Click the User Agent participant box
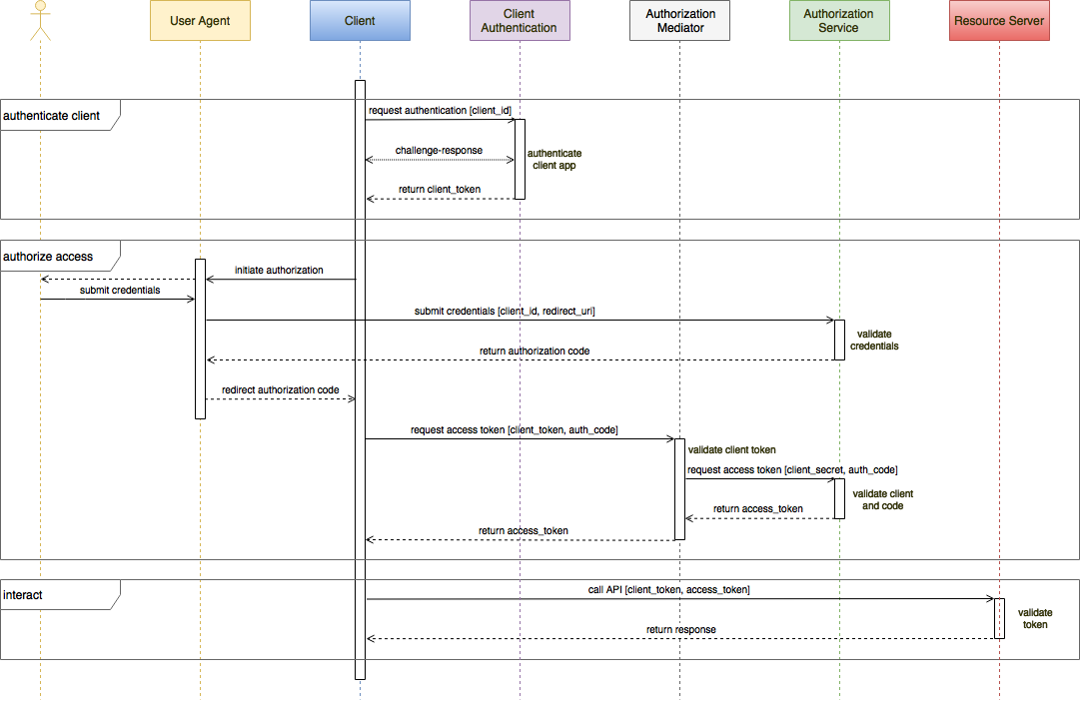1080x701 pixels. (x=200, y=21)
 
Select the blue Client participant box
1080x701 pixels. (x=360, y=21)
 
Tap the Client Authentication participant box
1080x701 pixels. (x=520, y=21)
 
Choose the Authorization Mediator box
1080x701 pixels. (x=679, y=21)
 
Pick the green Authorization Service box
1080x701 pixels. (x=839, y=21)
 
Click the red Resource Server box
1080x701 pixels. (x=999, y=21)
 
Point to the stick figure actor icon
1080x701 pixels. (x=40, y=20)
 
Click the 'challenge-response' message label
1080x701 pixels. (x=439, y=151)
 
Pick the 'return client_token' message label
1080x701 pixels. (x=440, y=190)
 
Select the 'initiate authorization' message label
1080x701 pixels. (x=279, y=271)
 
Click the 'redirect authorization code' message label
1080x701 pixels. (x=281, y=389)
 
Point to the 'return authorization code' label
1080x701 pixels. (x=535, y=351)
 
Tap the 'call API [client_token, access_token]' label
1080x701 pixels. (x=669, y=590)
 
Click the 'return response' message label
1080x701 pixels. (x=681, y=630)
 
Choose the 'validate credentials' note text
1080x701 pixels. (x=874, y=341)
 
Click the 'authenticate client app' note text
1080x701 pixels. (x=554, y=160)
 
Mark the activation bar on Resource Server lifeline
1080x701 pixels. (x=999, y=618)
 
